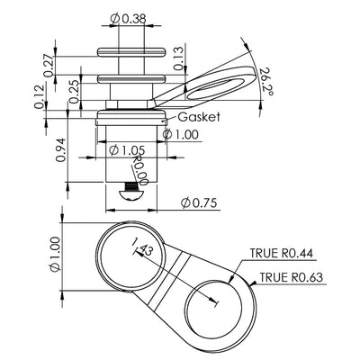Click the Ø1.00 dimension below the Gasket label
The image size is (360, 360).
pyautogui.click(x=184, y=134)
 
